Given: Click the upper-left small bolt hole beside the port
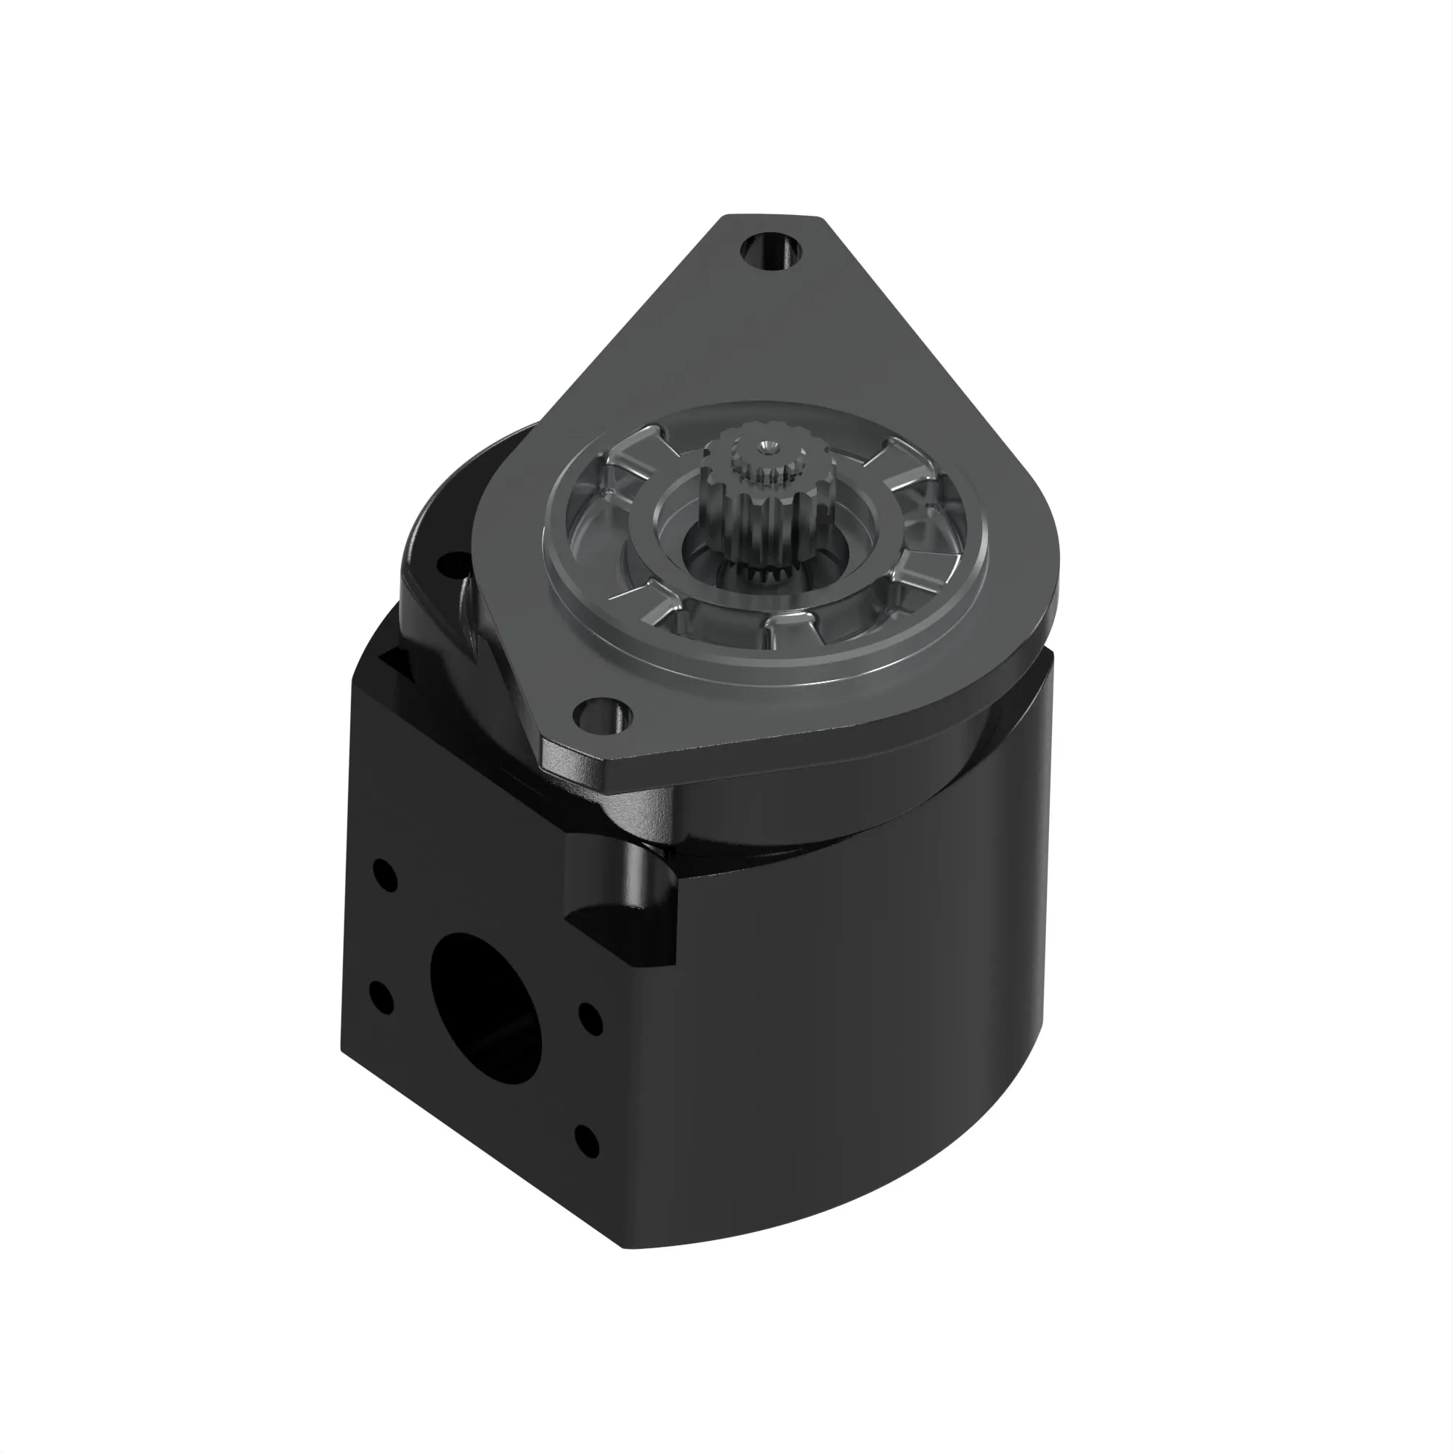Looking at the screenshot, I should pos(385,875).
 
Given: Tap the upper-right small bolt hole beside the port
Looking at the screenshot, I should pos(591,1019).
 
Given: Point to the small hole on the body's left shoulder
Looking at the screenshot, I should pos(454,561).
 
